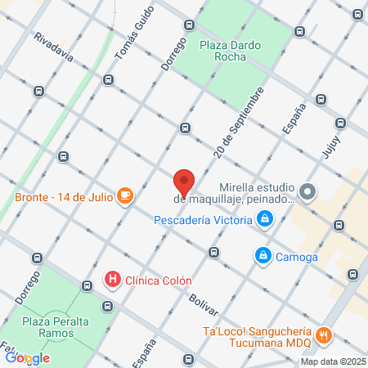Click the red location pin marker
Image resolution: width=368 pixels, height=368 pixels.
coord(184,182)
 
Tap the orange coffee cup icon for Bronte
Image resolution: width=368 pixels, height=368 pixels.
coord(124,195)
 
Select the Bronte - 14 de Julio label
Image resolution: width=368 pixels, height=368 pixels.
coord(63,197)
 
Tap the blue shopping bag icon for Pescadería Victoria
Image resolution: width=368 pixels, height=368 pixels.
coord(265,219)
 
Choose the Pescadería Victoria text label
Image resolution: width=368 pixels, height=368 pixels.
coord(204,219)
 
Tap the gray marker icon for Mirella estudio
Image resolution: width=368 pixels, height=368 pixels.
coord(307,192)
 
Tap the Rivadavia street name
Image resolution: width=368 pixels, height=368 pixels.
coord(54,48)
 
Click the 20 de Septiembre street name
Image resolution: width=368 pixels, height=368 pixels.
coord(238,122)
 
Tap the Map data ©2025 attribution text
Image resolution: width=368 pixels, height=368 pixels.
coord(332,361)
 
